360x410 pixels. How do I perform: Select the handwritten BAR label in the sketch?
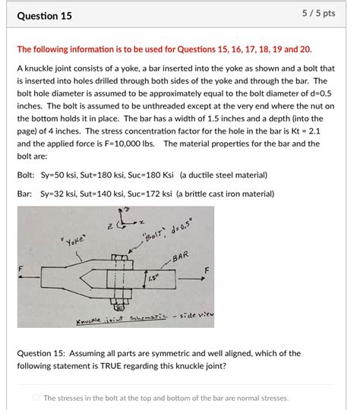point(179,258)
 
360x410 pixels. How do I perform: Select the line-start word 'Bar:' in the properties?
point(25,194)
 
